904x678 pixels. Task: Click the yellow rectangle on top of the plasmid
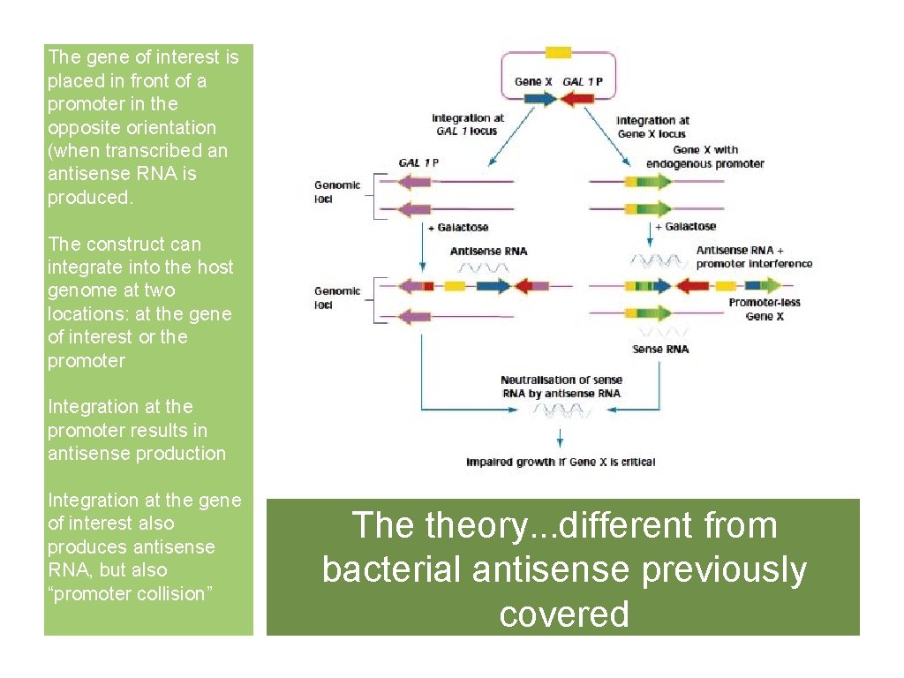pos(558,52)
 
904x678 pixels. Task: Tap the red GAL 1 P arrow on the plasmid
pos(580,99)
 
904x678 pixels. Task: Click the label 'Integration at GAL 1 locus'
pos(468,124)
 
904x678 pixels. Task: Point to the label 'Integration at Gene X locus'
pos(652,127)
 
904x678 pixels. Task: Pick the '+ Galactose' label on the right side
pos(685,227)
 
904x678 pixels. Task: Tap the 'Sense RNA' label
pos(660,350)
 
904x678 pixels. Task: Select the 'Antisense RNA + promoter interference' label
pos(753,257)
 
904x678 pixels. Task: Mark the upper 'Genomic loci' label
pos(337,192)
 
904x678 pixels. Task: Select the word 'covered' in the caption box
pos(563,614)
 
